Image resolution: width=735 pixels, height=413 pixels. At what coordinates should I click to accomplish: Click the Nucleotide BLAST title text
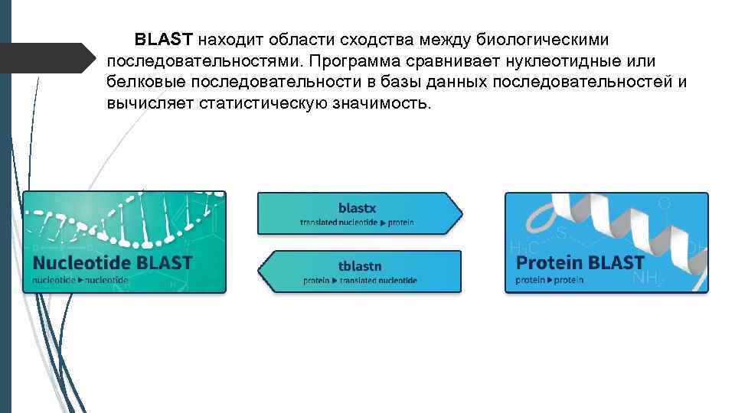[112, 263]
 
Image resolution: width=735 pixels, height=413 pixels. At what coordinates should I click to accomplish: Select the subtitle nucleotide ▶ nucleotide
[80, 281]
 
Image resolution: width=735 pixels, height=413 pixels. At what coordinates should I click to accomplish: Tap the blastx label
[357, 207]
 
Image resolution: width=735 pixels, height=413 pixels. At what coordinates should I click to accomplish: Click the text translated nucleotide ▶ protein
[357, 222]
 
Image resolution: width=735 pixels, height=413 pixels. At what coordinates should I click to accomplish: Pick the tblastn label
[360, 266]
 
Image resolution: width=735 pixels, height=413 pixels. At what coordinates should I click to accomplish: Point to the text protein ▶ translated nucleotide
[360, 281]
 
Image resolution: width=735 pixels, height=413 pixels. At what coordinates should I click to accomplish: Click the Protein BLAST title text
[580, 263]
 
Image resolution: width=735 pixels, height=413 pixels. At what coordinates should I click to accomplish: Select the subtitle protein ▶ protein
[549, 281]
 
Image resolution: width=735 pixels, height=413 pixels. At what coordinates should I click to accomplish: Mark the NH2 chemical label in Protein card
[648, 280]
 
